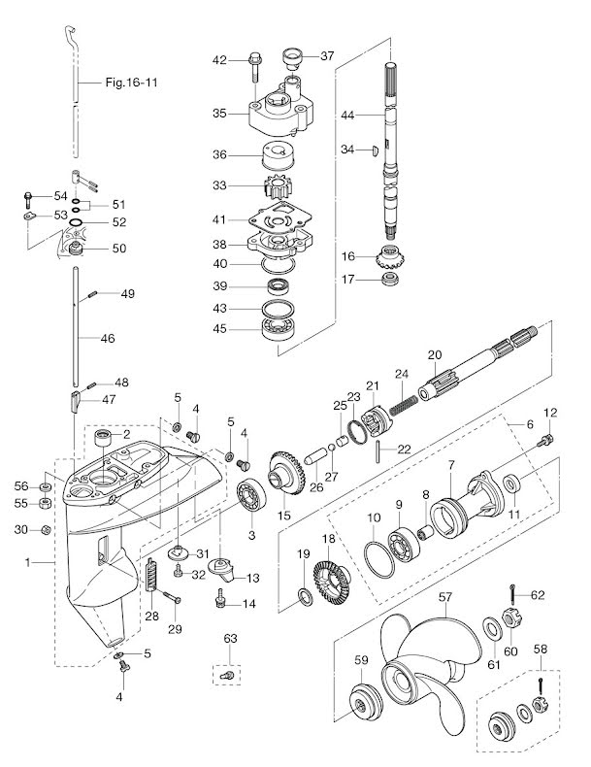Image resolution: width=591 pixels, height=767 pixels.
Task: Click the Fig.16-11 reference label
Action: click(x=130, y=83)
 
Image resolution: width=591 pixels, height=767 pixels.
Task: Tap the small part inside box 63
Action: click(x=225, y=675)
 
